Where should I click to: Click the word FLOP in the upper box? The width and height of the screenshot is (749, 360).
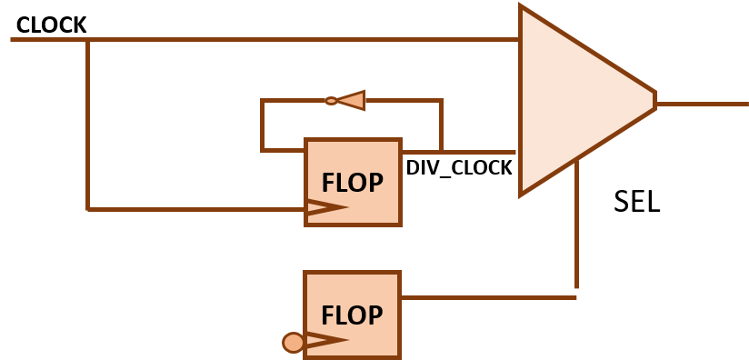pyautogui.click(x=352, y=183)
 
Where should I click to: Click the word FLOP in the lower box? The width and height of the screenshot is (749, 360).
pyautogui.click(x=352, y=315)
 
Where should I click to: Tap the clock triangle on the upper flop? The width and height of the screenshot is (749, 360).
pyautogui.click(x=325, y=208)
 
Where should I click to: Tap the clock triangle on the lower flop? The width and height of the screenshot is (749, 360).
pyautogui.click(x=325, y=341)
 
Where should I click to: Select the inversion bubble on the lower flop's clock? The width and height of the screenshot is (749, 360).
pyautogui.click(x=293, y=343)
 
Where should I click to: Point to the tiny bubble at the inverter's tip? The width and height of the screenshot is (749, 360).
pyautogui.click(x=331, y=101)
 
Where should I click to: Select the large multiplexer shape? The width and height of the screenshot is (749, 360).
pyautogui.click(x=573, y=100)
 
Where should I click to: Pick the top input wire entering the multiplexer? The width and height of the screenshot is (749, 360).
pyautogui.click(x=300, y=40)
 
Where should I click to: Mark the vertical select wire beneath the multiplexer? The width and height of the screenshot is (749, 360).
pyautogui.click(x=576, y=227)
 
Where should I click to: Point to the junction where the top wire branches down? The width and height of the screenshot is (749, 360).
pyautogui.click(x=87, y=40)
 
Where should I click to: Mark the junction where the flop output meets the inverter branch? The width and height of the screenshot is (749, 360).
pyautogui.click(x=442, y=152)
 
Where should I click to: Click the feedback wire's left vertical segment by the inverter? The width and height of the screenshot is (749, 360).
pyautogui.click(x=262, y=125)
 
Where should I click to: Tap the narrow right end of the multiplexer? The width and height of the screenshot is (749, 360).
pyautogui.click(x=654, y=99)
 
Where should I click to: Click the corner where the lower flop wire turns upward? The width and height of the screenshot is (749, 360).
pyautogui.click(x=576, y=296)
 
